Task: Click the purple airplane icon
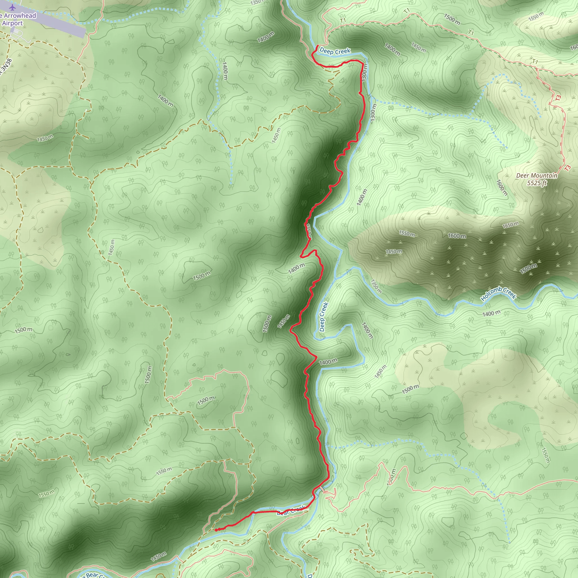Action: pyautogui.click(x=11, y=6)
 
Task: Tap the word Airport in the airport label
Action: pyautogui.click(x=13, y=23)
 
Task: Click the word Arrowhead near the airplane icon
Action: pyautogui.click(x=20, y=16)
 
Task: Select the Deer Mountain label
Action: pyautogui.click(x=537, y=176)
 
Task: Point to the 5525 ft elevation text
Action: pyautogui.click(x=537, y=183)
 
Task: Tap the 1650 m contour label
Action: pyautogui.click(x=510, y=225)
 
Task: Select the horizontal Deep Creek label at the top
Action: pyautogui.click(x=335, y=51)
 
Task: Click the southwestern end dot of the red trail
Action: pyautogui.click(x=216, y=530)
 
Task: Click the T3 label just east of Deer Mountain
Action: pyautogui.click(x=568, y=168)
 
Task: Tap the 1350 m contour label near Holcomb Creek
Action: pyautogui.click(x=376, y=286)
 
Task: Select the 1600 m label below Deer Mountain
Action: pyautogui.click(x=502, y=188)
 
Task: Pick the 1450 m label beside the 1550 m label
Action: pyautogui.click(x=394, y=251)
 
